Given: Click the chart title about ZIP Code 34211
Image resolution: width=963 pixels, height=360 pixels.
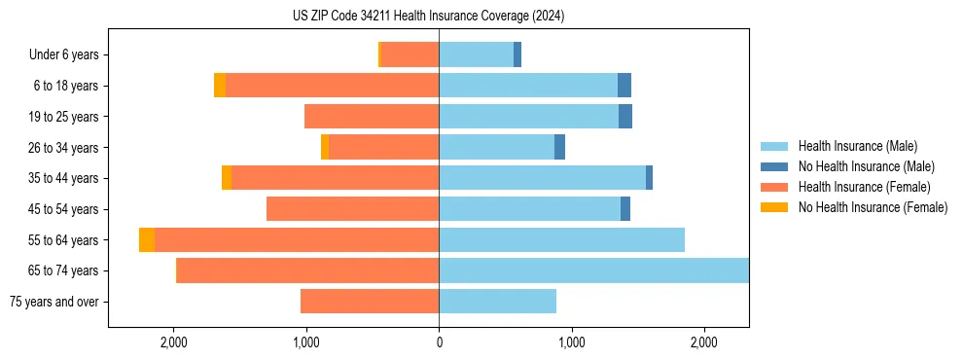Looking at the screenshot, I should pyautogui.click(x=428, y=16).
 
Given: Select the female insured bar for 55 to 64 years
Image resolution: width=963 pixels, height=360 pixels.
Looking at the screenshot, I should pyautogui.click(x=297, y=239).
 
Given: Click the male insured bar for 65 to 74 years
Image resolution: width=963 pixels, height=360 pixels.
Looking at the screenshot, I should pyautogui.click(x=593, y=270).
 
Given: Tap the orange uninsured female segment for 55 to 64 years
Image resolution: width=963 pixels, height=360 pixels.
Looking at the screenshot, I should pyautogui.click(x=147, y=239).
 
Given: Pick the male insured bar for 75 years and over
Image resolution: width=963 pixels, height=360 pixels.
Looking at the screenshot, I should pyautogui.click(x=497, y=302).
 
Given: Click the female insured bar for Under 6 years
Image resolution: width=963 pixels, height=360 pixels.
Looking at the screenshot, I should pyautogui.click(x=410, y=54).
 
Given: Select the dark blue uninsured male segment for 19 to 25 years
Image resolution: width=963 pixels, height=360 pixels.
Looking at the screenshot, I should pyautogui.click(x=625, y=117).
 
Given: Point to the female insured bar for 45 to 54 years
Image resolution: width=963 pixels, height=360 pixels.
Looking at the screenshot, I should pyautogui.click(x=352, y=208).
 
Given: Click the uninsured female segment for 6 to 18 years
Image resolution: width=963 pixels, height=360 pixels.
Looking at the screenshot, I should pyautogui.click(x=220, y=86).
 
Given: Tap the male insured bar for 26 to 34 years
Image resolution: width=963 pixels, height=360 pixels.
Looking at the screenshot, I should pyautogui.click(x=496, y=147).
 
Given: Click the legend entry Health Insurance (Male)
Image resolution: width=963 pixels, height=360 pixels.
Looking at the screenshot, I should pyautogui.click(x=857, y=146).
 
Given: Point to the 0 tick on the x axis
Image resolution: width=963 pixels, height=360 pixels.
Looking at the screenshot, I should pyautogui.click(x=439, y=342).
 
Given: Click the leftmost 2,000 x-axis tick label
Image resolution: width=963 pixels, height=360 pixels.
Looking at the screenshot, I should pyautogui.click(x=174, y=342).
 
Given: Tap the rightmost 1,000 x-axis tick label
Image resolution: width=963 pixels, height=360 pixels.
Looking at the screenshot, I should pyautogui.click(x=571, y=342).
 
